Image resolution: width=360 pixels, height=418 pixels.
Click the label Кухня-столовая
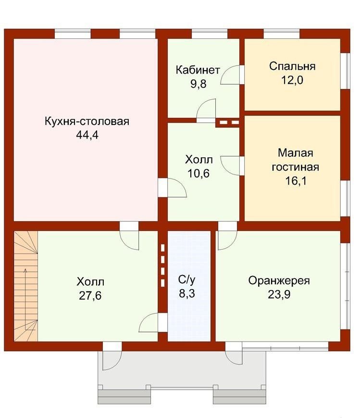click(x=87, y=122)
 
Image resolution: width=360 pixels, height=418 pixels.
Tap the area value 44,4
click(x=87, y=135)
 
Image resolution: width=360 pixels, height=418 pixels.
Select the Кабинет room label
click(x=198, y=70)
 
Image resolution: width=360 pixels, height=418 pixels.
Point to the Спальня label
click(x=292, y=66)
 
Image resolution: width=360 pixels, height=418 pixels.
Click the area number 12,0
click(x=292, y=80)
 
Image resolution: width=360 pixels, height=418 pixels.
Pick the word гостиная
click(x=295, y=167)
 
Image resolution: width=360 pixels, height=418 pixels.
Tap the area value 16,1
click(x=296, y=181)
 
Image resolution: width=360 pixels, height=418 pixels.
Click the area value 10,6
click(x=199, y=174)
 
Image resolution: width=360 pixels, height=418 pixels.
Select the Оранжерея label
click(x=279, y=281)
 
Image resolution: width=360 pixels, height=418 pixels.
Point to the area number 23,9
click(x=279, y=294)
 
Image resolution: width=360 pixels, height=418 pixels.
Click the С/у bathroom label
click(x=186, y=279)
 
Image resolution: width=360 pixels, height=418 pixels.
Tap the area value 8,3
click(x=187, y=293)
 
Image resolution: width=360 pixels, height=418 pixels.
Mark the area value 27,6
click(x=90, y=296)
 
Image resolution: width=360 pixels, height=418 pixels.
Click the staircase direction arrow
click(x=26, y=299)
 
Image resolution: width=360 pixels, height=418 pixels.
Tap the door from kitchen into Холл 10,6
click(x=173, y=188)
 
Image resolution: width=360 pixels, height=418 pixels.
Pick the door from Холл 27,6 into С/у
click(x=153, y=322)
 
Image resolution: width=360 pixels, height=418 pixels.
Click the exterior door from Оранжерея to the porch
click(x=234, y=354)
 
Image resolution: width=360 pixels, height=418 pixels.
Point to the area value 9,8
click(x=198, y=84)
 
